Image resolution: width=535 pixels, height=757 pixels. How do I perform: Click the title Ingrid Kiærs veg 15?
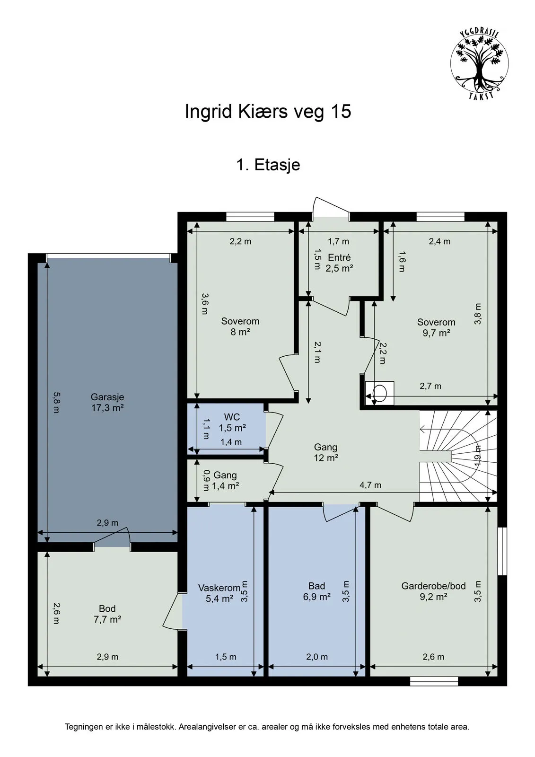[x=268, y=112]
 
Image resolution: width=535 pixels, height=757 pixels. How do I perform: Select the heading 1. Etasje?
[x=268, y=165]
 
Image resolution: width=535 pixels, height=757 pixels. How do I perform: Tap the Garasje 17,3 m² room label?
[x=107, y=402]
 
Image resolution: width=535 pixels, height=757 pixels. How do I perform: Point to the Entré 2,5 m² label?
[x=339, y=263]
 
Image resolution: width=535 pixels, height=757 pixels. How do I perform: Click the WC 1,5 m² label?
[x=232, y=423]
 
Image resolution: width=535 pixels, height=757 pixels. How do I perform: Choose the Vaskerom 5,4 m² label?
[x=219, y=593]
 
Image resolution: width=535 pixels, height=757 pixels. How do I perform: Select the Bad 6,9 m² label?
[x=316, y=591]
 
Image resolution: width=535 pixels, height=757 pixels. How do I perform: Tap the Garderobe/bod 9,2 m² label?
[x=433, y=591]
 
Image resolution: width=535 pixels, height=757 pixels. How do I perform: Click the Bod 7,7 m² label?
[x=107, y=614]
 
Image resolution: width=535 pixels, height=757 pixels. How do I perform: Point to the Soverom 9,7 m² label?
[x=436, y=327]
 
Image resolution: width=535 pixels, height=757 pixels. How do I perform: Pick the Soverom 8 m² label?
[x=240, y=326]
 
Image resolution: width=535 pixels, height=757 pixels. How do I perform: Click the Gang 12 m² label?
[x=325, y=452]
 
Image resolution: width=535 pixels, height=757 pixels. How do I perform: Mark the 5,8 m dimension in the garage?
[x=56, y=402]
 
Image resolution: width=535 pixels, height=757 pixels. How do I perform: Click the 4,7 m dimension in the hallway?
[x=370, y=485]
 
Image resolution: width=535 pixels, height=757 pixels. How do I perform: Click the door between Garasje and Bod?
[x=113, y=539]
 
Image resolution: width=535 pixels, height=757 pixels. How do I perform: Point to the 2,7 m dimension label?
[x=430, y=386]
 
